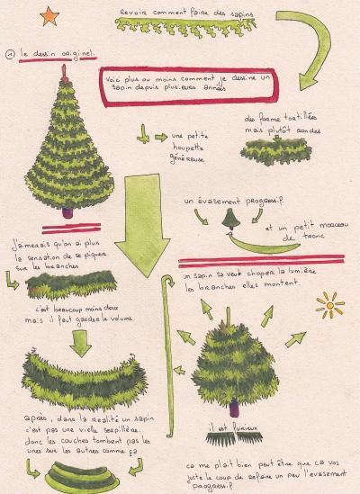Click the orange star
click(48, 15)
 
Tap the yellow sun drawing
click(329, 304)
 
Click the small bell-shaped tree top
click(232, 219)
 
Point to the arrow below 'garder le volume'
click(82, 339)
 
